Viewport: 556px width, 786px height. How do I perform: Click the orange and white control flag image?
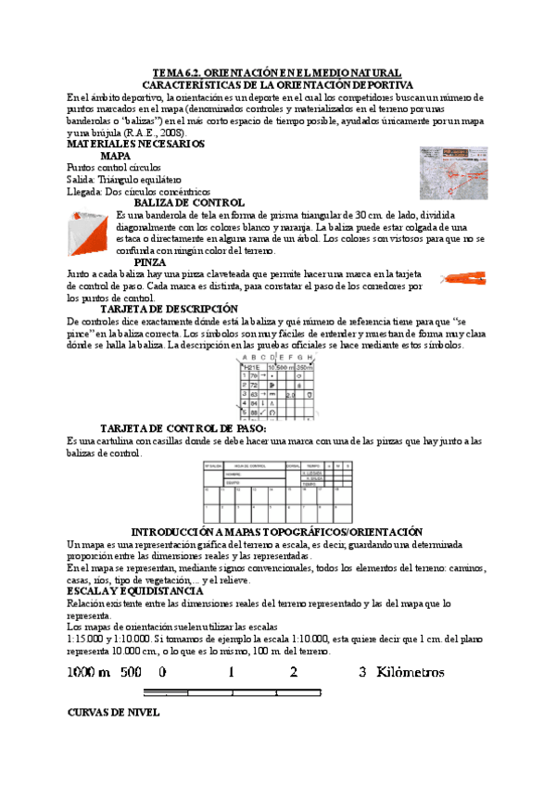point(90,231)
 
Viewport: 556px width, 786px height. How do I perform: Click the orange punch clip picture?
point(463,277)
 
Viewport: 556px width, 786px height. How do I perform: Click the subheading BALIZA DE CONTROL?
point(189,202)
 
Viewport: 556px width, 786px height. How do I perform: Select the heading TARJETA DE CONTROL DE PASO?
point(183,428)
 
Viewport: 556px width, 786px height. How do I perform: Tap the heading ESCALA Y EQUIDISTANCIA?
point(135,590)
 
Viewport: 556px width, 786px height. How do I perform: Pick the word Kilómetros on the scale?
point(411,672)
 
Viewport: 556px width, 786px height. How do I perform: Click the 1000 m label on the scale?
point(88,672)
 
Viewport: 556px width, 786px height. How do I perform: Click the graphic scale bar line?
point(233,691)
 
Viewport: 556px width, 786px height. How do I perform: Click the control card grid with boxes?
point(277,491)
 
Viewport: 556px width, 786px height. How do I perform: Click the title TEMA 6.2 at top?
point(276,72)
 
